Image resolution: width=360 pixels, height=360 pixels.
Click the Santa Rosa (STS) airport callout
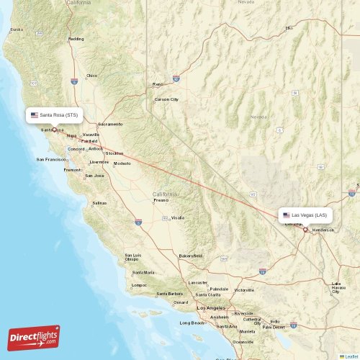(x=55, y=114)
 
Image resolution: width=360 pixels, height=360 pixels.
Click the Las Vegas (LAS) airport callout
(x=305, y=215)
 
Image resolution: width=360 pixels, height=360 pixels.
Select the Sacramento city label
(x=110, y=124)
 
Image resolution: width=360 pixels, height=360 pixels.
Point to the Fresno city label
(x=161, y=199)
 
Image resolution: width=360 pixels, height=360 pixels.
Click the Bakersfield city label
(x=191, y=256)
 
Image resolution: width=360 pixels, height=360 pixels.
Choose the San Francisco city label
(x=52, y=159)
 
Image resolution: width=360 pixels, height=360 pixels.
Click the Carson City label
(x=166, y=99)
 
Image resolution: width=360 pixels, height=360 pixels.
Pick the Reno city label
(x=158, y=84)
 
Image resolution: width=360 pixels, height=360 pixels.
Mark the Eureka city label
(x=16, y=30)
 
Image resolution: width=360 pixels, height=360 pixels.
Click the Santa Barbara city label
(x=169, y=294)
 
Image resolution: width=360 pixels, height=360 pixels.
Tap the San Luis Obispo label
(x=134, y=257)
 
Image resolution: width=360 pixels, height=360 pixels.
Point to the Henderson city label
(x=323, y=230)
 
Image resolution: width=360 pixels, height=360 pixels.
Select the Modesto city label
(x=122, y=163)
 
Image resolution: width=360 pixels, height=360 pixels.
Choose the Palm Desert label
(x=274, y=326)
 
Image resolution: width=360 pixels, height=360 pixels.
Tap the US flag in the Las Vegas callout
(x=287, y=215)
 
